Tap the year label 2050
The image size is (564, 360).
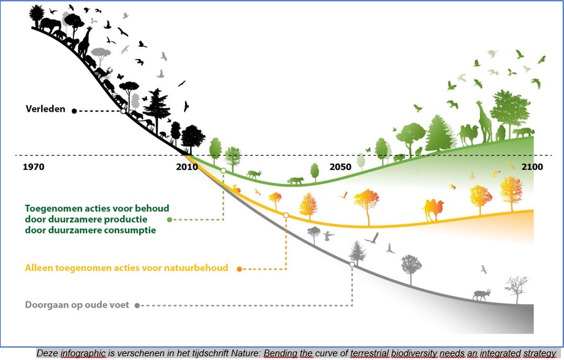tap(340, 167)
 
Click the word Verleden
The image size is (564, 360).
tap(46, 110)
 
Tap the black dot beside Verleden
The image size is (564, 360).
tap(74, 111)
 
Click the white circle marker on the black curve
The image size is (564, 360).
tap(123, 111)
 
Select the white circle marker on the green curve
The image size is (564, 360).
tap(223, 170)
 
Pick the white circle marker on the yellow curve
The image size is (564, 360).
tap(286, 215)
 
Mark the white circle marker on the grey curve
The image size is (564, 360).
tap(352, 264)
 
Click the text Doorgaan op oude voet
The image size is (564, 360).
tap(77, 305)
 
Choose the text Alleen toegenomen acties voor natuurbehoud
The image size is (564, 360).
tap(126, 268)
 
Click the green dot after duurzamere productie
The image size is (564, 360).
tap(169, 219)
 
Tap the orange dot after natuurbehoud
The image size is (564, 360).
tap(239, 268)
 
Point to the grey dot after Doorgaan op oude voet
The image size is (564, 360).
tap(137, 305)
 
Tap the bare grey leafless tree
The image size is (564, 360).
tap(516, 287)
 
